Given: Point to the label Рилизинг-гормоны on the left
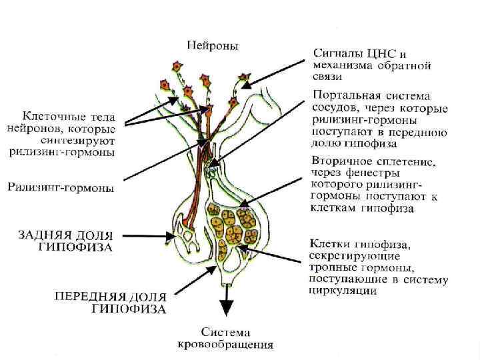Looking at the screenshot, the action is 61,189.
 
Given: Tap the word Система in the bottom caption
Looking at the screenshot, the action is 226,331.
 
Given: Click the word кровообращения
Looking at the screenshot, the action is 226,345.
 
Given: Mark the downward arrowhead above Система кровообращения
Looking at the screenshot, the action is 227,308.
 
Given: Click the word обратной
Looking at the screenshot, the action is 403,65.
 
